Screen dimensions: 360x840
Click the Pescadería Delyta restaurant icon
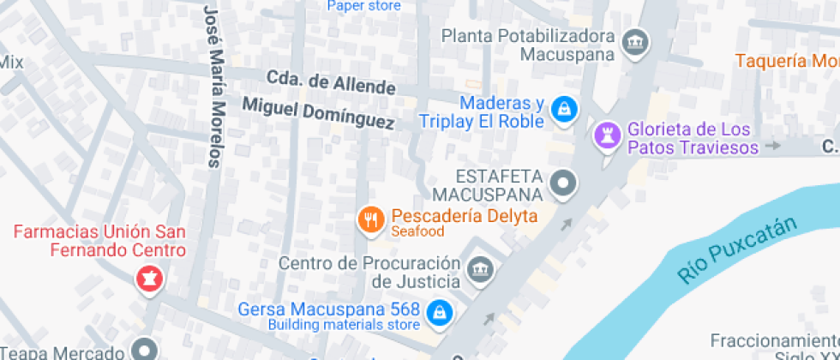(370, 221)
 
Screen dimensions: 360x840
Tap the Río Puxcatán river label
(737, 249)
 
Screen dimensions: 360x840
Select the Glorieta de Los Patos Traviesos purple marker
(608, 135)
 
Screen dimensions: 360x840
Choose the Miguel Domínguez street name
(318, 113)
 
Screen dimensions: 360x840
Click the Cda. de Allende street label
(331, 82)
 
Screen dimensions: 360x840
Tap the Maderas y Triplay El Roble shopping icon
(564, 109)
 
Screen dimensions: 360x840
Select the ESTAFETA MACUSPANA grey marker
(564, 182)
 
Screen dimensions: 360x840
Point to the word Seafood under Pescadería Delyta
(417, 232)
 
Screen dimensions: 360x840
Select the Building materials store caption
(344, 325)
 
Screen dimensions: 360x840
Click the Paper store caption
(363, 6)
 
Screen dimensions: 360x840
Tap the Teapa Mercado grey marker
(140, 350)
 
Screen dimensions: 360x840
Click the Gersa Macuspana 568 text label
(329, 309)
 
